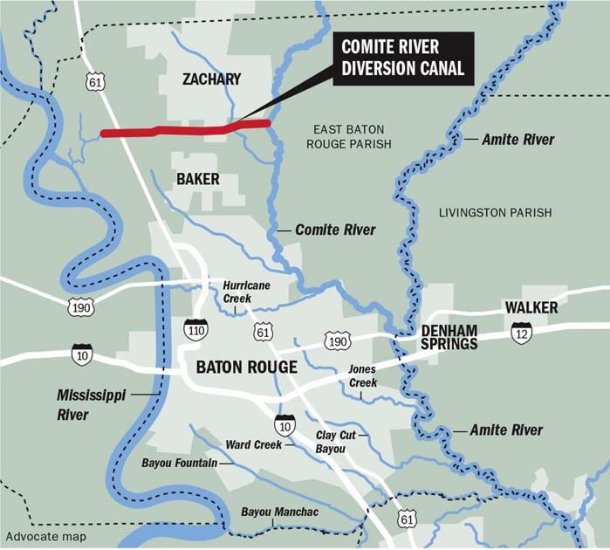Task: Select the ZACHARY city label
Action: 211,79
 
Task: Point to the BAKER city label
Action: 197,179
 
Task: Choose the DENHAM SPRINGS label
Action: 449,337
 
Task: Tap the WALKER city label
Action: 531,307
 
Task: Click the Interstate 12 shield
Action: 522,333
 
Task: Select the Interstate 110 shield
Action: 195,329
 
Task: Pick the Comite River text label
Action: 335,230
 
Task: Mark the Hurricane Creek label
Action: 246,292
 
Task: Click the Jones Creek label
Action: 362,376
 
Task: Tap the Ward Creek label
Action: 253,444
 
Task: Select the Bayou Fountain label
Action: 180,462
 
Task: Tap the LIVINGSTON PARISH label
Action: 496,213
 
